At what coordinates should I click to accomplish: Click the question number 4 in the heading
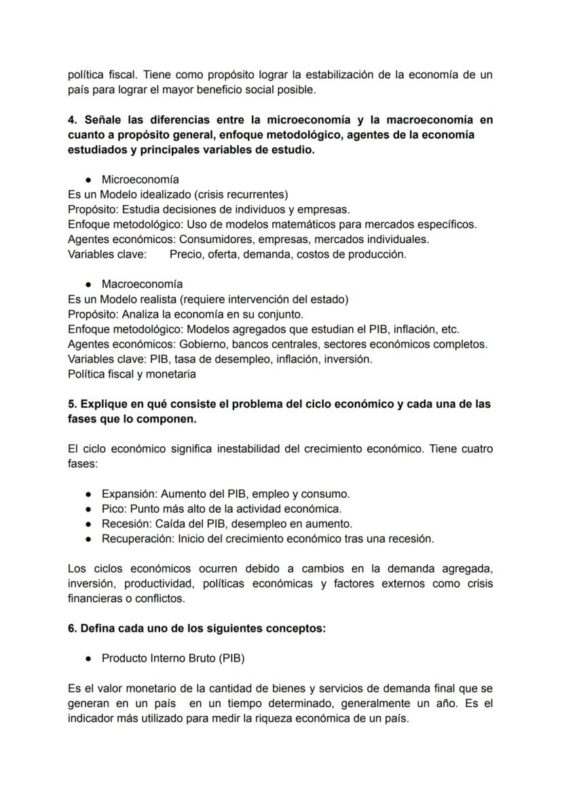[x=72, y=120]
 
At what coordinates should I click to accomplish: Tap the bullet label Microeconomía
[x=140, y=179]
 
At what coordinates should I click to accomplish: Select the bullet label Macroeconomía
[x=141, y=284]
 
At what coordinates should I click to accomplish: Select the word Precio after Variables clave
[x=185, y=254]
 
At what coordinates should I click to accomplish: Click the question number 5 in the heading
[x=72, y=404]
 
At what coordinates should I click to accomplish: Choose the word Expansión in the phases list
[x=129, y=494]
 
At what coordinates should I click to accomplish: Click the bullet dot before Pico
[x=88, y=509]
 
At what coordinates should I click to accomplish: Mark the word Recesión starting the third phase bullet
[x=126, y=524]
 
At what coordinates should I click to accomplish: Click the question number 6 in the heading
[x=72, y=628]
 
